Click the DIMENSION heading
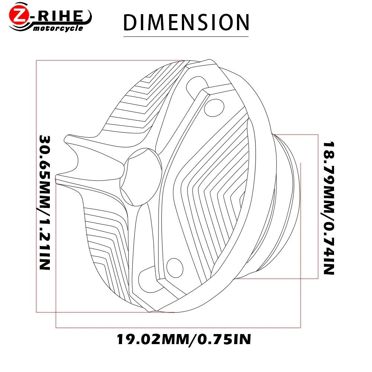(186, 22)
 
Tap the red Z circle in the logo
(19, 15)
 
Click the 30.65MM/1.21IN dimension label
(45, 202)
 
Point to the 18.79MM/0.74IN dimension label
(329, 208)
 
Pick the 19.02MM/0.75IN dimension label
(184, 339)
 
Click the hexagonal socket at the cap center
(141, 177)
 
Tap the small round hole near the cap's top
(214, 108)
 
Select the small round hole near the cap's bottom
(175, 267)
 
